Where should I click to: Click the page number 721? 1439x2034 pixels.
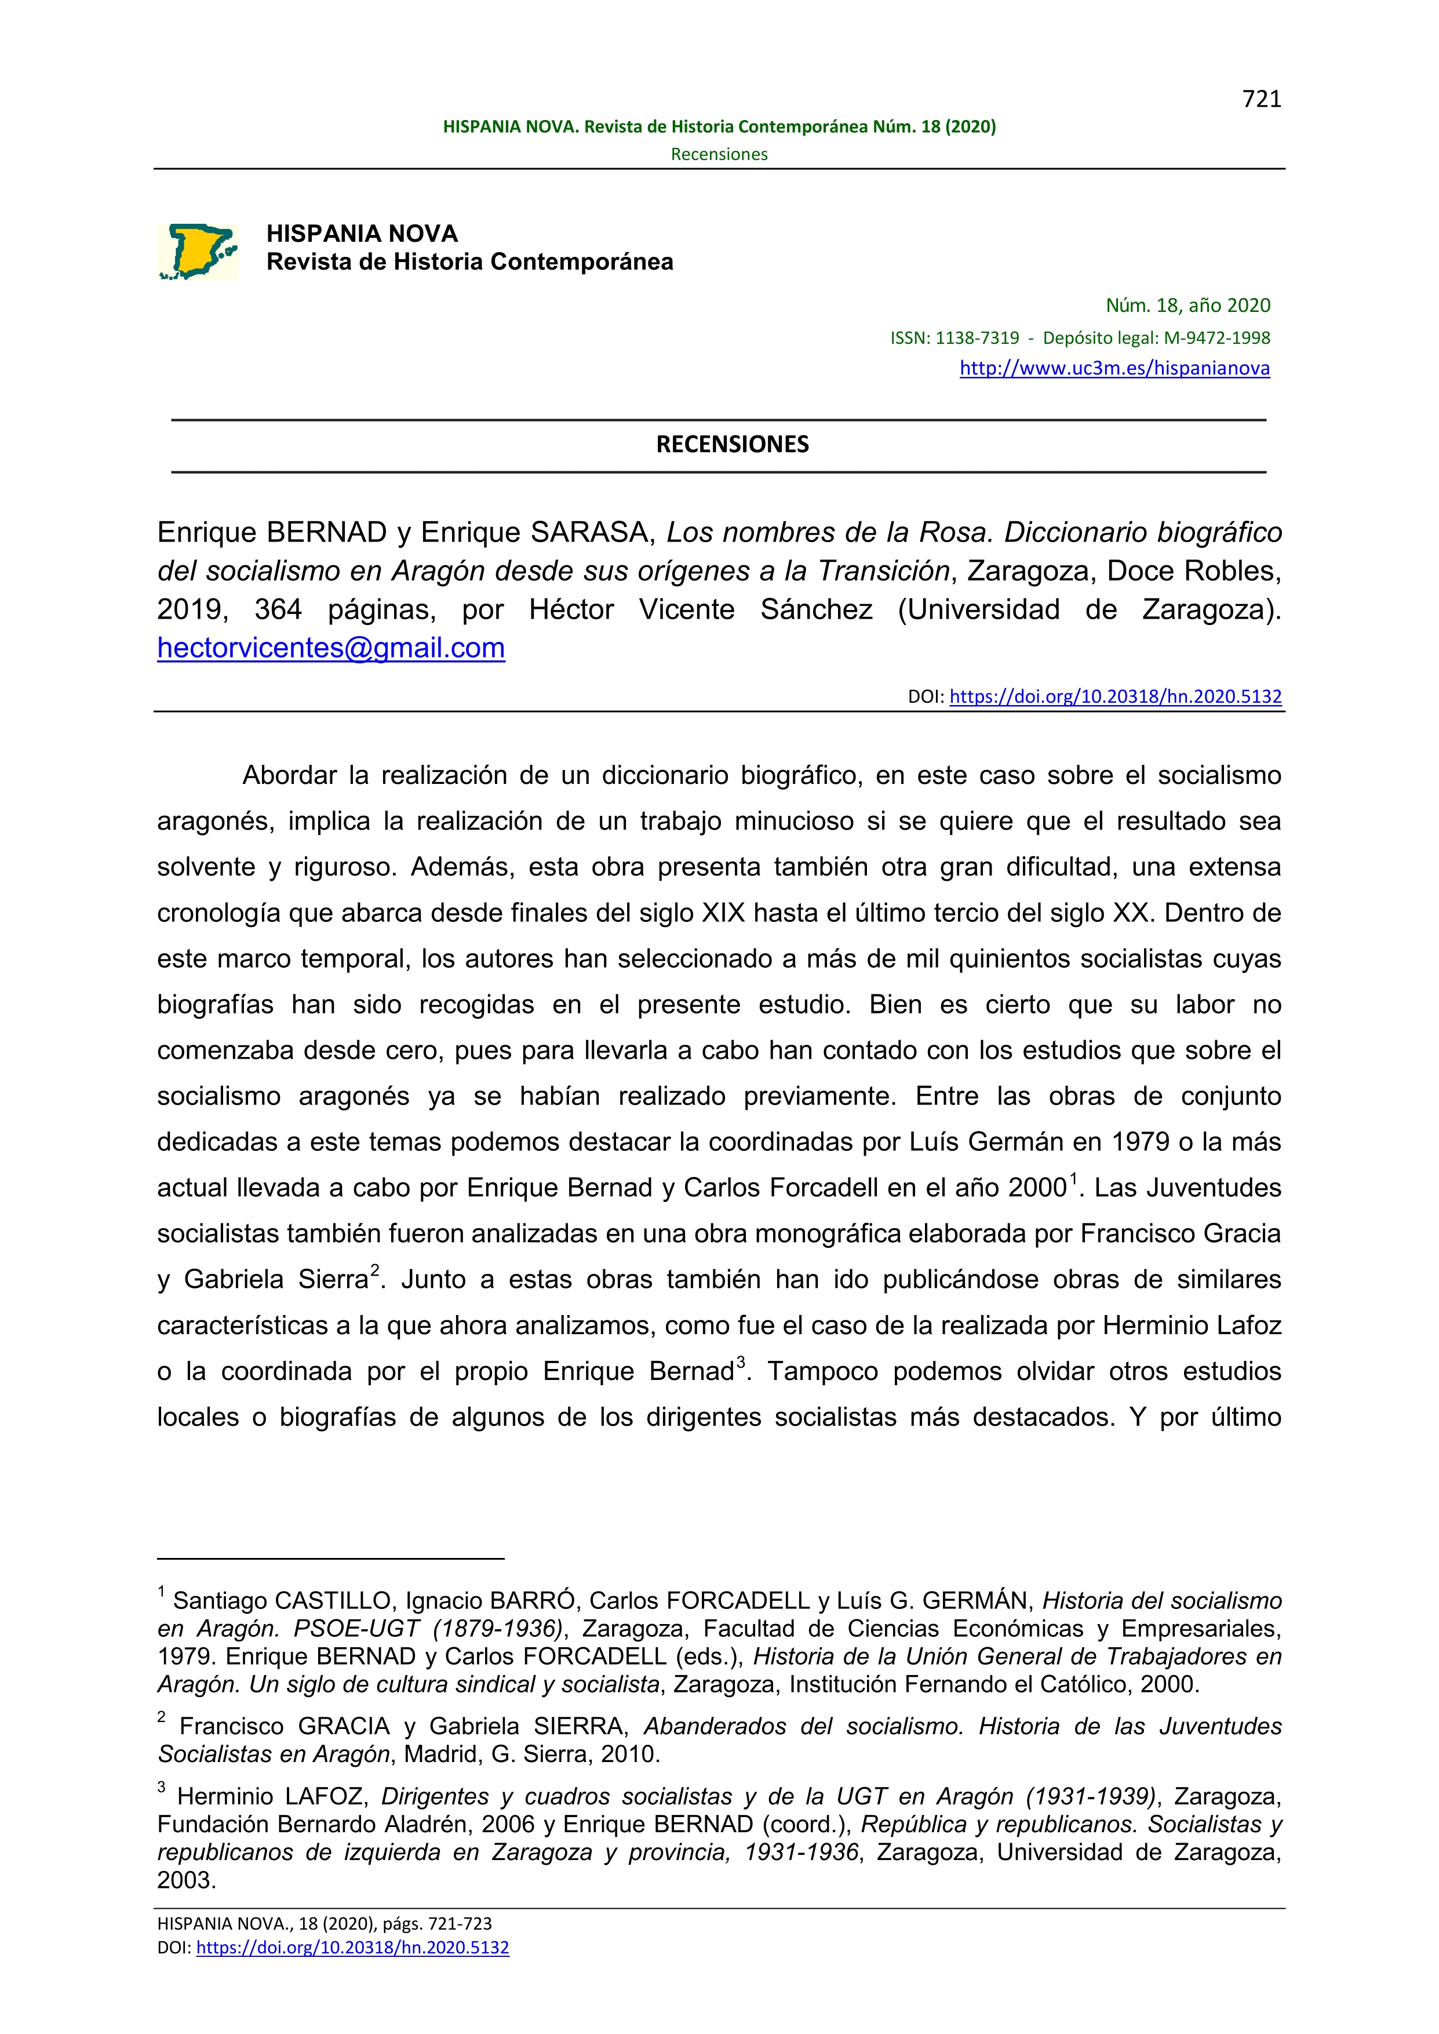coord(1261,99)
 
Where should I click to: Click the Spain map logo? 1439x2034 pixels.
coord(198,252)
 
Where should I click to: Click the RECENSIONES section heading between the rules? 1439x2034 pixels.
coord(732,444)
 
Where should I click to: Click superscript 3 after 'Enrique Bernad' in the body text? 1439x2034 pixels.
coord(741,1362)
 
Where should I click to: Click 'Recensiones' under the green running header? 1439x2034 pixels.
coord(719,154)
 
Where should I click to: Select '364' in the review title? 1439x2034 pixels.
coord(278,610)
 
